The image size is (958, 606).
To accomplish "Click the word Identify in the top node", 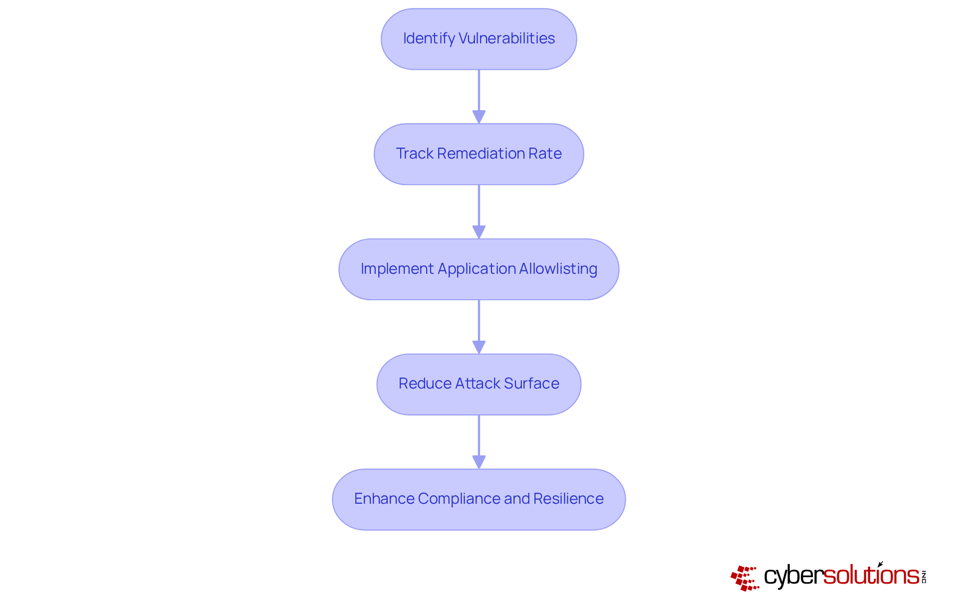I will pos(429,39).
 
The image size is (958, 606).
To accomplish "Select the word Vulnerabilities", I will pos(506,38).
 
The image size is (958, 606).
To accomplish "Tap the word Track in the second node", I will pos(414,154).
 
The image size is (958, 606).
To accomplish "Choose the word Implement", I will pos(397,269).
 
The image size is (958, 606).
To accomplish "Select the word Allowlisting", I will pos(558,269).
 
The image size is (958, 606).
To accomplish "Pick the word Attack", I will pos(477,384).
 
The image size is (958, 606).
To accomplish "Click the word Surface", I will pos(531,384).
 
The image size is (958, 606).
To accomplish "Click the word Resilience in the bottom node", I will pos(568,499).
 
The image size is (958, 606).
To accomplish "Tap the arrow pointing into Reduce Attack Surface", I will pos(479,327).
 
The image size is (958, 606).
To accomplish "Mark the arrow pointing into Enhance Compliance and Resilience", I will pos(479,442).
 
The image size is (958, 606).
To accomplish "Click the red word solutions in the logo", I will pos(871,576).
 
